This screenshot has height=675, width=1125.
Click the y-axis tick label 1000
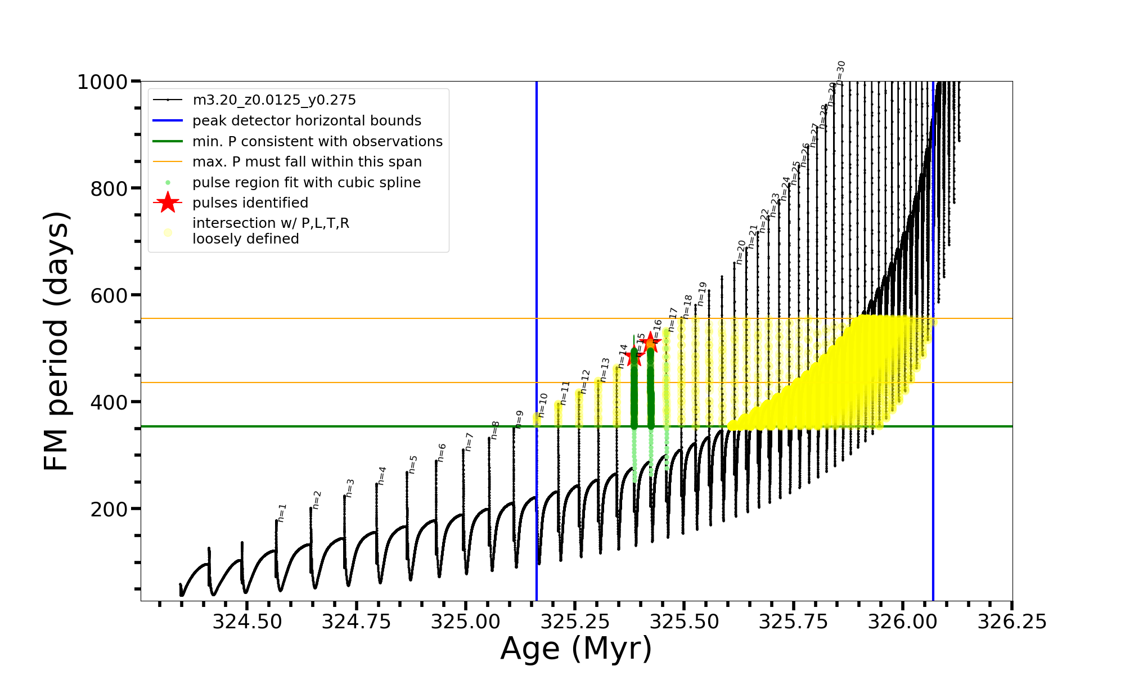click(x=102, y=82)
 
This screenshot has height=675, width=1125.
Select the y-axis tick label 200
click(x=109, y=510)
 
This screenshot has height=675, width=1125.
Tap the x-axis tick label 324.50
click(x=247, y=622)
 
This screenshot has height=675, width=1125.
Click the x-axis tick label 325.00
click(x=465, y=622)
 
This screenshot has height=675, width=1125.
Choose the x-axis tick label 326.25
click(x=1012, y=622)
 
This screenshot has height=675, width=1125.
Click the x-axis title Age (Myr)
click(x=576, y=649)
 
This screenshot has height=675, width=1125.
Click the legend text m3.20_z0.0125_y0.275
click(x=274, y=100)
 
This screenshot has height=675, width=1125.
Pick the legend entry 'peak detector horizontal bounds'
click(x=307, y=121)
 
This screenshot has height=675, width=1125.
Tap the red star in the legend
click(x=168, y=202)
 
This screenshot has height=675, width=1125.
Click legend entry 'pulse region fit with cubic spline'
click(x=306, y=183)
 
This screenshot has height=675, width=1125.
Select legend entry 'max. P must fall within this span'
click(x=307, y=162)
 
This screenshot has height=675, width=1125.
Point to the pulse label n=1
click(x=282, y=512)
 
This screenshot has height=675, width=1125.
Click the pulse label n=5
click(x=413, y=465)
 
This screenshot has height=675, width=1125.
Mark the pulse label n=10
click(x=542, y=405)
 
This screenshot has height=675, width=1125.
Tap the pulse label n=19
click(x=701, y=294)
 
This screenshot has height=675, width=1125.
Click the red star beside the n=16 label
click(x=650, y=342)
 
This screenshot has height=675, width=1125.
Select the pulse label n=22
click(x=764, y=220)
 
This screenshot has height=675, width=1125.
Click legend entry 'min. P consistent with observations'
click(x=317, y=142)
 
